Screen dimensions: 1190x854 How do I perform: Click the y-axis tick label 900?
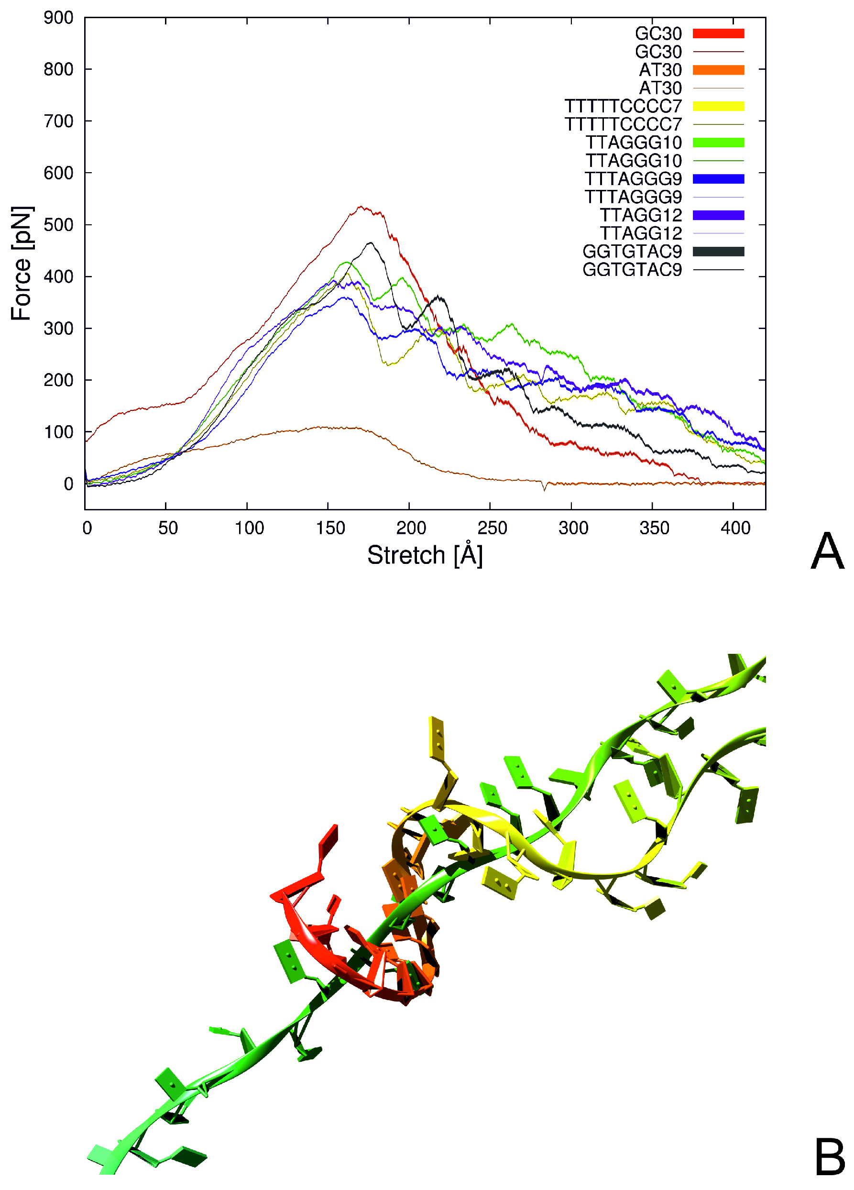(58, 18)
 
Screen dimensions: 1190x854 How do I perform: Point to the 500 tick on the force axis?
(58, 225)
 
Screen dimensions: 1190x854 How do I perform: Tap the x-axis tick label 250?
(492, 528)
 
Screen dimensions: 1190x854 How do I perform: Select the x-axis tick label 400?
(735, 528)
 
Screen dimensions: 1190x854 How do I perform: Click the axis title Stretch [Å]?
(425, 555)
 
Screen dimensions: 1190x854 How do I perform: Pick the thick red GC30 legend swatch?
(718, 33)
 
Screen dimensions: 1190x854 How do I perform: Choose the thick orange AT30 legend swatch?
(718, 70)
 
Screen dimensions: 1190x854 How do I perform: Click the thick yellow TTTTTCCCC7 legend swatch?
(718, 106)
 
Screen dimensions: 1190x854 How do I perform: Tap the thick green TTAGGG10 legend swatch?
(718, 143)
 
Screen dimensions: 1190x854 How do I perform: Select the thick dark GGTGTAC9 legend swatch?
(718, 251)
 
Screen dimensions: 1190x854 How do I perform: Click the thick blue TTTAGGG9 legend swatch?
(718, 179)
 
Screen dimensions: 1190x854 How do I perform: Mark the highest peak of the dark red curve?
(361, 207)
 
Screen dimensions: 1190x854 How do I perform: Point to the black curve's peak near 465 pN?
(371, 242)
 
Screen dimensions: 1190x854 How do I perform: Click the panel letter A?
(827, 551)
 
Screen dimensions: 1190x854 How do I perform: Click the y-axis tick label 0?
(68, 484)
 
